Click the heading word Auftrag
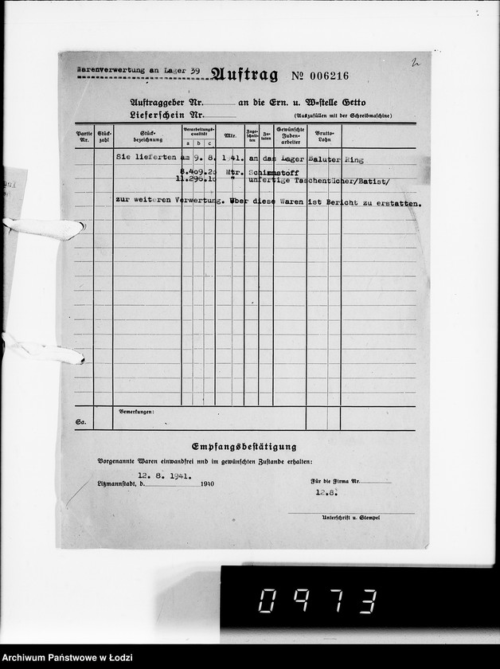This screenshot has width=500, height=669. click(x=244, y=76)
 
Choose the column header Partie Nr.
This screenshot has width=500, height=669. click(x=84, y=135)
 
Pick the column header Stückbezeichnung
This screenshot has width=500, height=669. click(x=146, y=135)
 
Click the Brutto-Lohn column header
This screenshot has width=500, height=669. click(x=323, y=135)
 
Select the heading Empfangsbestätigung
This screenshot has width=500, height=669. click(x=244, y=447)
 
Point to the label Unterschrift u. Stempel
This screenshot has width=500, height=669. click(x=350, y=518)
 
